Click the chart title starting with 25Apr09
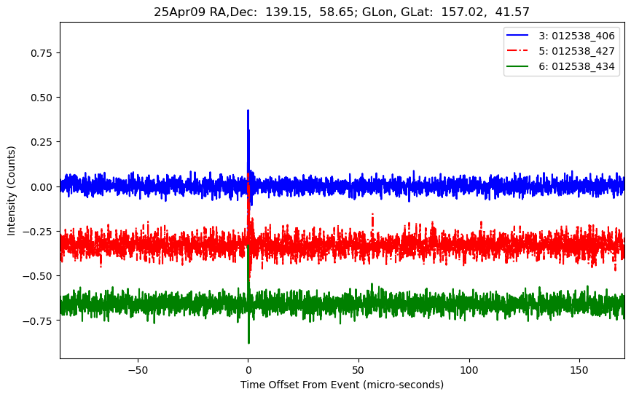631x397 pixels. pyautogui.click(x=342, y=12)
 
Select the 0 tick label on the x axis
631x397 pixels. pyautogui.click(x=248, y=369)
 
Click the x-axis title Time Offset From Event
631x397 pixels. pyautogui.click(x=342, y=385)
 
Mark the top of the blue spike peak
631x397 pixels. pyautogui.click(x=248, y=111)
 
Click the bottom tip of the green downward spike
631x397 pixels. pyautogui.click(x=248, y=342)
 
